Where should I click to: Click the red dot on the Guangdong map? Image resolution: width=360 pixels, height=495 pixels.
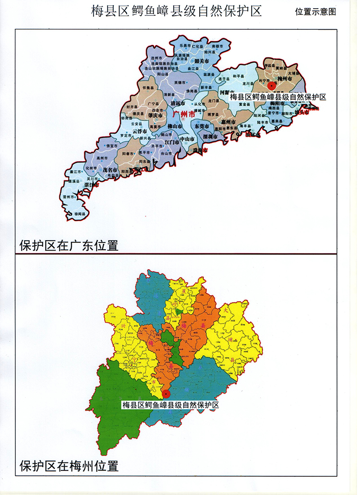[x=272, y=86]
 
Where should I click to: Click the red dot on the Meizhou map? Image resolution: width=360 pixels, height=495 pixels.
[x=167, y=393]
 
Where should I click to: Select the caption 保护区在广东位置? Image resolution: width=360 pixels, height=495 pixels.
[x=69, y=245]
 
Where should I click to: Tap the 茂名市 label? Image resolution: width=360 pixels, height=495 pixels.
[x=110, y=170]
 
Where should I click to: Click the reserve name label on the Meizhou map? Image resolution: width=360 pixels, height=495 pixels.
[x=170, y=405]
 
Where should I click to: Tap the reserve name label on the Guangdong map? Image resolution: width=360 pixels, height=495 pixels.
[x=278, y=97]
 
